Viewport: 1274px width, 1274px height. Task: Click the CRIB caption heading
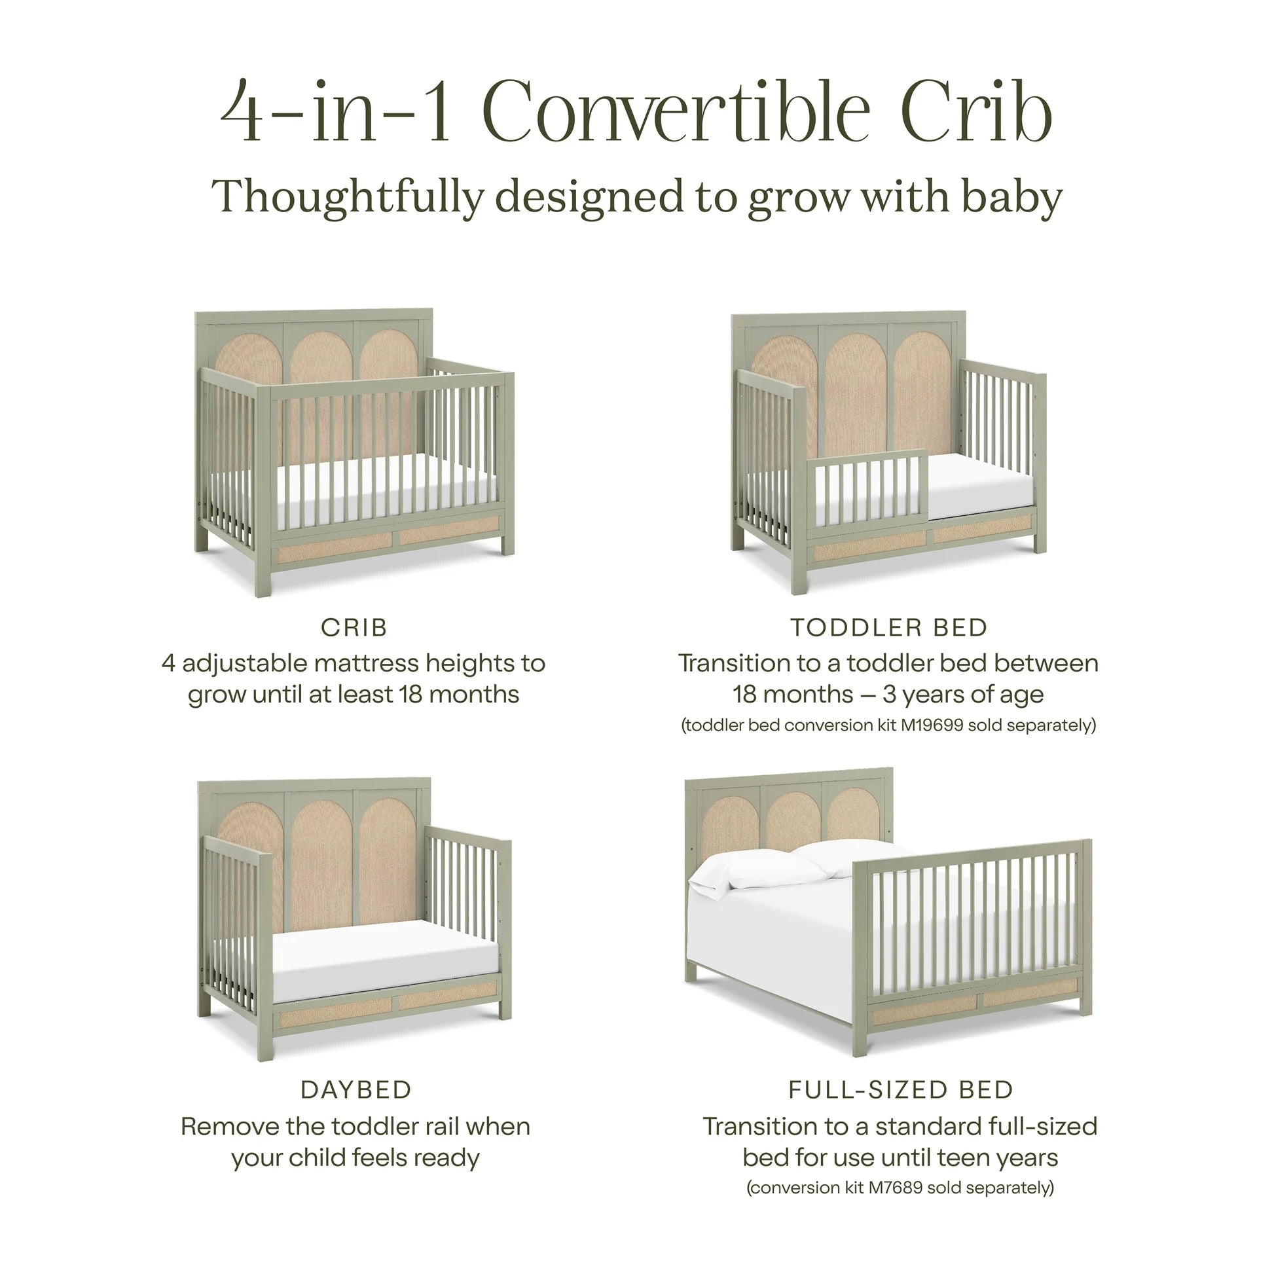pos(354,628)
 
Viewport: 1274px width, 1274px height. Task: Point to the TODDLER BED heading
pos(888,628)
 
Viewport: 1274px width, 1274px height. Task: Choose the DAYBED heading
pos(356,1090)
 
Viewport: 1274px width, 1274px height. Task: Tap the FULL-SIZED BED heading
pos(901,1090)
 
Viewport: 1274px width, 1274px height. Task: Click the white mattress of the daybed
pos(382,956)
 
